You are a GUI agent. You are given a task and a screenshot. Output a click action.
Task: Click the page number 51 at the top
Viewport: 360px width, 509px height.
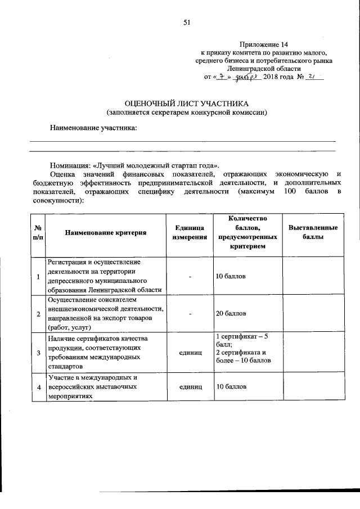[x=187, y=22]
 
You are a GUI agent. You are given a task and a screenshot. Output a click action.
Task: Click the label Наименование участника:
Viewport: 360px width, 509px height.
[x=94, y=128]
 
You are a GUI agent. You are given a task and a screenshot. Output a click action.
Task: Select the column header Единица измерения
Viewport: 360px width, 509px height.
[x=190, y=232]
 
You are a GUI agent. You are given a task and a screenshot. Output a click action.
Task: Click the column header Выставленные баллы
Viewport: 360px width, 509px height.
[x=313, y=232]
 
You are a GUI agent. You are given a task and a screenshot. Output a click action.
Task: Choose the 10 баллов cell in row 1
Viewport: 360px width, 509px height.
[x=231, y=277]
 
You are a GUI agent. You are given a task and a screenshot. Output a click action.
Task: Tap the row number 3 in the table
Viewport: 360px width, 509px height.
[x=38, y=353]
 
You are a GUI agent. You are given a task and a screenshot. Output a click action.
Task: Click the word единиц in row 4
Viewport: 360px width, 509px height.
[x=190, y=387]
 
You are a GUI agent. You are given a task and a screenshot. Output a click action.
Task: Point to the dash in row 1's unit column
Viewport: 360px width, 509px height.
[x=190, y=277]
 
